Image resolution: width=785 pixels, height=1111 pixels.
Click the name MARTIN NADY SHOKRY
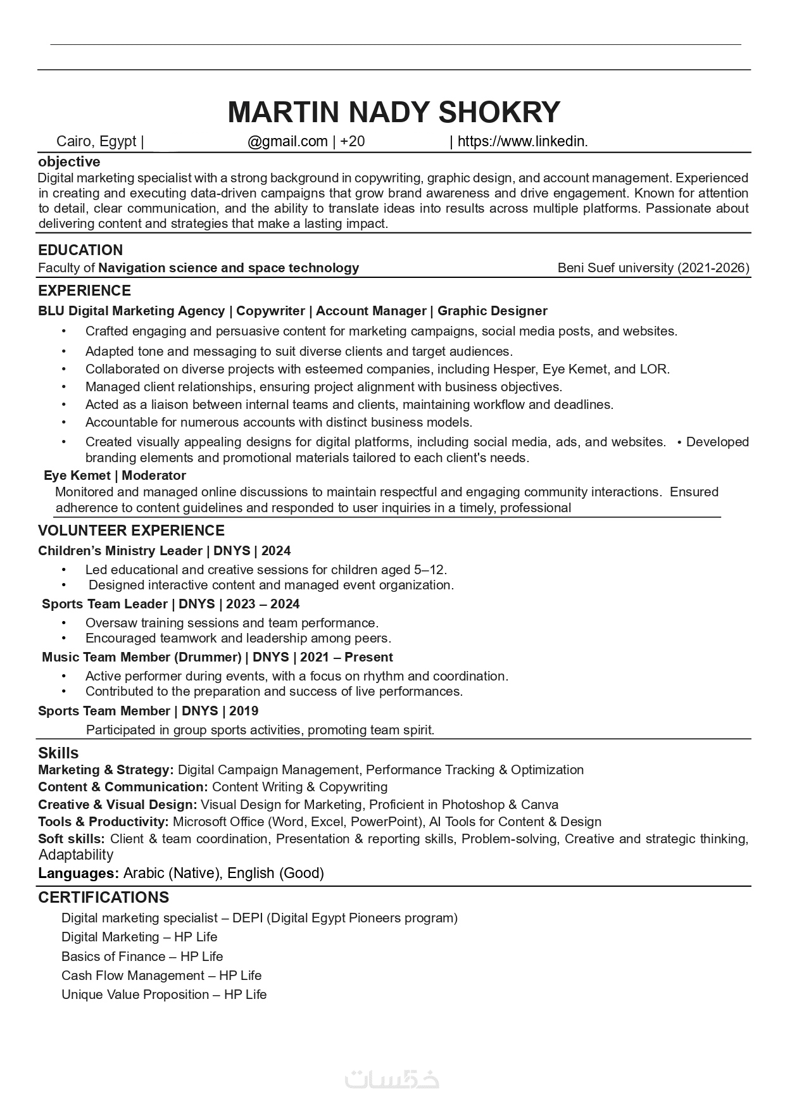(393, 112)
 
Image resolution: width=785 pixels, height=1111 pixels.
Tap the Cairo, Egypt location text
(96, 142)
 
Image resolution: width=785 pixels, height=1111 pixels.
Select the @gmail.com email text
(287, 142)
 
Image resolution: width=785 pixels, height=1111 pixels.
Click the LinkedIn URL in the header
(522, 142)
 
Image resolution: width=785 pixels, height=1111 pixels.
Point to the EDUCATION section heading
(80, 250)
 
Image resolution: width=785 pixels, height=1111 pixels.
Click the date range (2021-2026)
(713, 268)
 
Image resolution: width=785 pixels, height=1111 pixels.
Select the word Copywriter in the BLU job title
(270, 311)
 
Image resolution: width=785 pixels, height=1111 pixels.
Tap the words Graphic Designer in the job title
(492, 311)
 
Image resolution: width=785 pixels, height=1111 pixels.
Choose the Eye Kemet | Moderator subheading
(115, 475)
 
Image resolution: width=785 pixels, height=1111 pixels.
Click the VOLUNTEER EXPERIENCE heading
(131, 530)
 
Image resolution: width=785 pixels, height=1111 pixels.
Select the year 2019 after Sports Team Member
(244, 711)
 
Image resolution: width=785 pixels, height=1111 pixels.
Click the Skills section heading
(58, 753)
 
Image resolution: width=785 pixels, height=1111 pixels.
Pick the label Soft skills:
(72, 839)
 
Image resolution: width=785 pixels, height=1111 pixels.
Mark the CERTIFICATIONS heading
(103, 898)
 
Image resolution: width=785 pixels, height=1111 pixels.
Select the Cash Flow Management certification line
(161, 976)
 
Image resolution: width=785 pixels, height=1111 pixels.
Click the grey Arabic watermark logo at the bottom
(392, 1079)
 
